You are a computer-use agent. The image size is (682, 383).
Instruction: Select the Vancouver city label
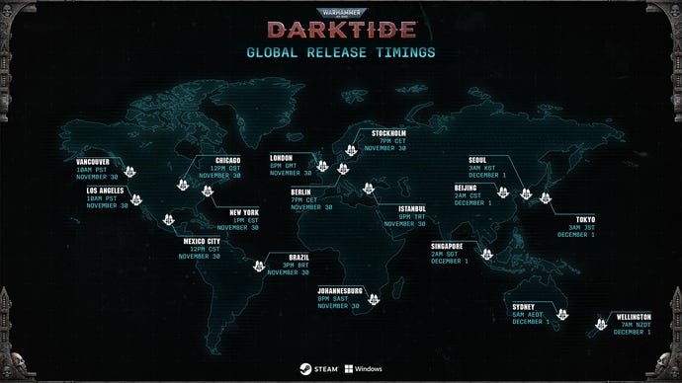[98, 161]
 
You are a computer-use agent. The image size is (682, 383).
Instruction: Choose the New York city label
[243, 212]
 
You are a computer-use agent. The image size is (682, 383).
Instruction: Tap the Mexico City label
[201, 241]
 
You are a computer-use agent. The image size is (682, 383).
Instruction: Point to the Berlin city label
[302, 191]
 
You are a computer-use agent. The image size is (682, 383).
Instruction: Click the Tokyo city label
[576, 220]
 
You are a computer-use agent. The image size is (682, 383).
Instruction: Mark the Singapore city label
[450, 246]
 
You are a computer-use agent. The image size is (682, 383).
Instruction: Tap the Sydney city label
[523, 307]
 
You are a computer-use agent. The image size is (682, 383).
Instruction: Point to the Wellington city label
[634, 318]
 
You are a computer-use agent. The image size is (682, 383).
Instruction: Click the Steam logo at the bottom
[315, 367]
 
